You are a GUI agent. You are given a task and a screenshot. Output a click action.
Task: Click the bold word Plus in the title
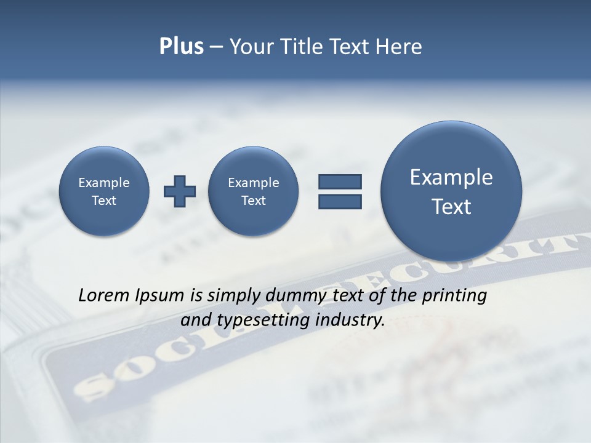pos(181,47)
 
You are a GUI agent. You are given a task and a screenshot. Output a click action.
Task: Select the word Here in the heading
pos(400,47)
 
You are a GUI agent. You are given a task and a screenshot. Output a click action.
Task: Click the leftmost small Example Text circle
pos(104,191)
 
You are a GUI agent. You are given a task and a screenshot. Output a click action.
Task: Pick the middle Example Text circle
pos(253,191)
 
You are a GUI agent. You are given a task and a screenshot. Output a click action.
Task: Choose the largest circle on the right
pos(451,191)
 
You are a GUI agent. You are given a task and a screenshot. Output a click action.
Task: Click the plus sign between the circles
pos(180,191)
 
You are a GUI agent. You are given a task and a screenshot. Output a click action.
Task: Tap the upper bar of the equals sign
pos(340,182)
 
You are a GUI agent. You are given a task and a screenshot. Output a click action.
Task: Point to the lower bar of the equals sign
pos(340,201)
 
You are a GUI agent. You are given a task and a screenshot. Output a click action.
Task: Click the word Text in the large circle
pos(451,207)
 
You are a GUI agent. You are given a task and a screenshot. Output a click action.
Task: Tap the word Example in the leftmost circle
pos(104,183)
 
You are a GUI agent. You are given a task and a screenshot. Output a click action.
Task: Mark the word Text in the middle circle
pos(253,201)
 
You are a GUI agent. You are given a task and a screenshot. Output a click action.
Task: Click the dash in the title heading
pos(216,47)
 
